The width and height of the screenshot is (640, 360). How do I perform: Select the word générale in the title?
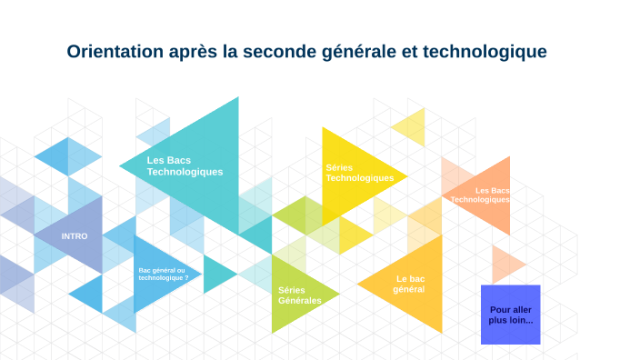point(356,52)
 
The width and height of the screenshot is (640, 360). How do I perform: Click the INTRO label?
point(75,235)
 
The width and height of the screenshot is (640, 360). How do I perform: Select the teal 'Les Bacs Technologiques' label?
point(185,165)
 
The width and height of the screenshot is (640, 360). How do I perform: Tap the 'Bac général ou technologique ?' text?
point(164,275)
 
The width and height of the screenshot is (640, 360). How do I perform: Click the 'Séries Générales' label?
point(299,295)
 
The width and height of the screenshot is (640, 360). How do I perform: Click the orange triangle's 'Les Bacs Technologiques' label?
point(480,195)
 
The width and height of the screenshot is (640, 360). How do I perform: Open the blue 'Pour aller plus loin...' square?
point(510,315)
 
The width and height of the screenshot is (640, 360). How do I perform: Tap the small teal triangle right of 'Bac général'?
point(215,274)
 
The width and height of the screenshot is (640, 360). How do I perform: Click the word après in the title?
point(192,52)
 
